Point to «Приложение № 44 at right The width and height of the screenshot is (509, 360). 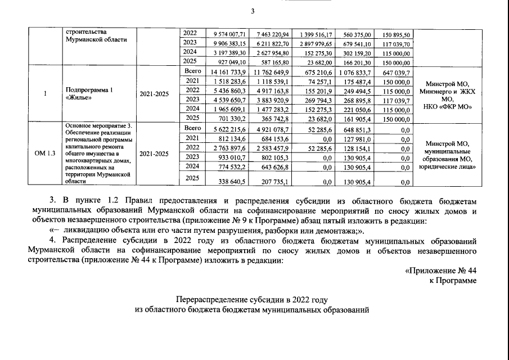coord(441,271)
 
